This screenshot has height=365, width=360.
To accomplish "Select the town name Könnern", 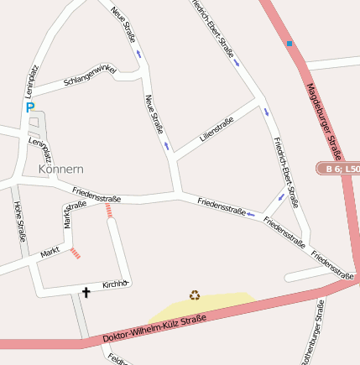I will coord(61,169).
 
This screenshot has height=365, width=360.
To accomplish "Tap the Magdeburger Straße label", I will coord(322,118).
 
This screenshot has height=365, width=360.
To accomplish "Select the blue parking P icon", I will coord(29,107).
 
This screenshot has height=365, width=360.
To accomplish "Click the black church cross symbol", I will coord(86,292).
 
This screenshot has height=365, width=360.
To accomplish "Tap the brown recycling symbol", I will coord(195,295).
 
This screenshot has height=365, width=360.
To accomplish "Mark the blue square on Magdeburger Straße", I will coord(289,43).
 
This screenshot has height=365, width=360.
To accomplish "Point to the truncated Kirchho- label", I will coord(116,284).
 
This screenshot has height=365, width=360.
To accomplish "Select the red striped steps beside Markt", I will coord(75,253).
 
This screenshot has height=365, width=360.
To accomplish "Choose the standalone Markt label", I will coord(50,251).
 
